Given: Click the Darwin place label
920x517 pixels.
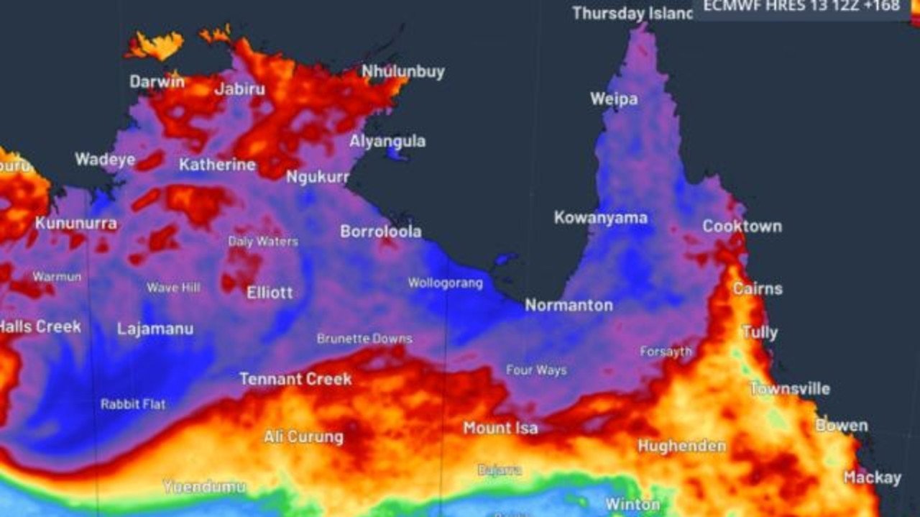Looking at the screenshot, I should [157, 81].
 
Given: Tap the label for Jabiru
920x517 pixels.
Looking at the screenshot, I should [239, 89].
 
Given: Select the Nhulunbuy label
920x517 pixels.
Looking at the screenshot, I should [402, 72].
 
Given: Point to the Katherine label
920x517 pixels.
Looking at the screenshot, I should [217, 165].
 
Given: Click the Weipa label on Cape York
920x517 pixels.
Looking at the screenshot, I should [614, 99].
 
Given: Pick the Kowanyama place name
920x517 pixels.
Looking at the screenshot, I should [600, 217].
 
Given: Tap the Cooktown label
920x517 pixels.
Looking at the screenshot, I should [742, 226].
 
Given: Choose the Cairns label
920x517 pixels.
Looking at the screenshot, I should [758, 288].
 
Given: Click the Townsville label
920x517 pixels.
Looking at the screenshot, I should [789, 389].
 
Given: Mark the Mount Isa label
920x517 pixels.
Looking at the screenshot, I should [500, 429].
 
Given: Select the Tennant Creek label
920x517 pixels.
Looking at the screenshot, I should [295, 379].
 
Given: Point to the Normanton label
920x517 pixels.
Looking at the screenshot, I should [569, 306].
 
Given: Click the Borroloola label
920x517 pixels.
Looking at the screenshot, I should [380, 232].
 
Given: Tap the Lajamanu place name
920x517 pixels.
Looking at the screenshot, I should [155, 329].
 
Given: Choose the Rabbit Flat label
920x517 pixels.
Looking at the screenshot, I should [133, 404].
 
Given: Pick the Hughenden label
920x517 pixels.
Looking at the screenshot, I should [681, 446].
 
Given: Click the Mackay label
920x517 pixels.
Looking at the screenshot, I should [872, 477].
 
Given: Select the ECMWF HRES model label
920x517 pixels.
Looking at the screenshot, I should [801, 6].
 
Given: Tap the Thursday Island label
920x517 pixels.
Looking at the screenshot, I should [632, 13].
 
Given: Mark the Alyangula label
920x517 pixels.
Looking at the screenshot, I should [387, 141].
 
